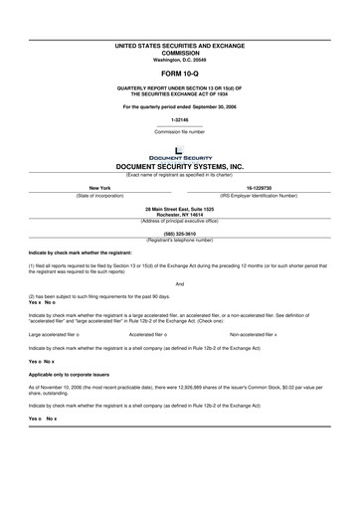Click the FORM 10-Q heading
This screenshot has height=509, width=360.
click(x=179, y=75)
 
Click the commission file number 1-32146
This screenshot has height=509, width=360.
click(x=179, y=120)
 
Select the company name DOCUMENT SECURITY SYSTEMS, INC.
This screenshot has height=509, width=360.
click(x=179, y=167)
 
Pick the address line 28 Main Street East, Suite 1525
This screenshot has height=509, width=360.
click(x=179, y=208)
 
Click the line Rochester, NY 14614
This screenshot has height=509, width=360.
click(x=179, y=214)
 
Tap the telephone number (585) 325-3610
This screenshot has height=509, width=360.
click(x=179, y=233)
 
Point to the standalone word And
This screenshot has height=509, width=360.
click(x=179, y=283)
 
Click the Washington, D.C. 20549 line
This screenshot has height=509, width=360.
click(x=179, y=61)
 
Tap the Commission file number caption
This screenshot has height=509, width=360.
click(x=179, y=131)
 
